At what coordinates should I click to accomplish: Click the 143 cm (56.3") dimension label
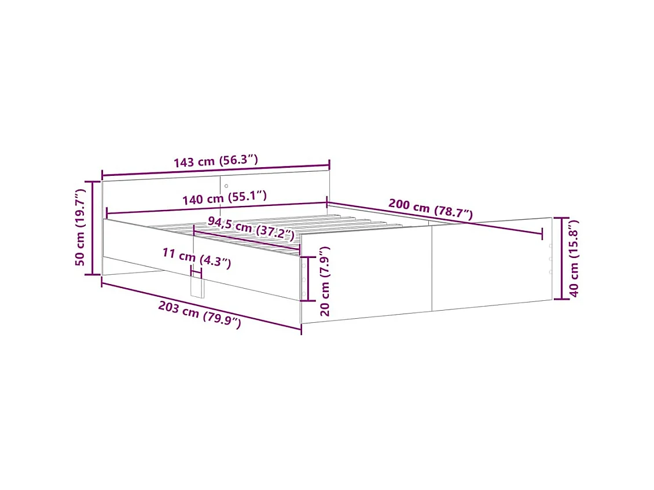pos(215,161)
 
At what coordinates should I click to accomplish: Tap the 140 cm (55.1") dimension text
pos(224,199)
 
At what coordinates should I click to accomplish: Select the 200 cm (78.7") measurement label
pos(431,209)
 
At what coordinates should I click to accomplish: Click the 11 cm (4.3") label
pos(197,257)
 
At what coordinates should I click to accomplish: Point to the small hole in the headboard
pos(226,186)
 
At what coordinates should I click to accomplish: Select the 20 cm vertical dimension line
pos(308,279)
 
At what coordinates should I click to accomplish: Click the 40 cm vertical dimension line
pos(560,258)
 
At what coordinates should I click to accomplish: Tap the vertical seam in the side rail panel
pos(432,269)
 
